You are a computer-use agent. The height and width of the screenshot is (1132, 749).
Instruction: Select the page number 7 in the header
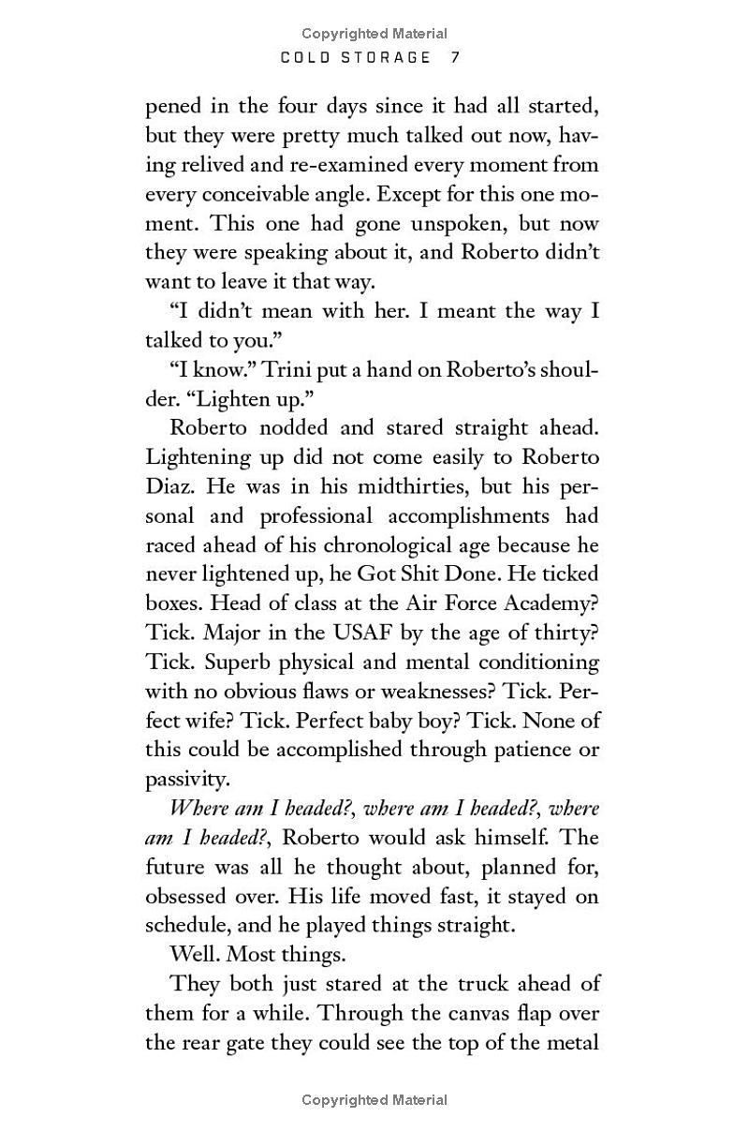coord(455,57)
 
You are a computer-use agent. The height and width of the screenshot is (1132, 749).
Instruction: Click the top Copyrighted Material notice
coord(374,35)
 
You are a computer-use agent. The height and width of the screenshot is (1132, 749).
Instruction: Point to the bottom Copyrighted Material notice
coord(374,1100)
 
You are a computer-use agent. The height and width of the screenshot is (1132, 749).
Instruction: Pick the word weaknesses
coord(425,692)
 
